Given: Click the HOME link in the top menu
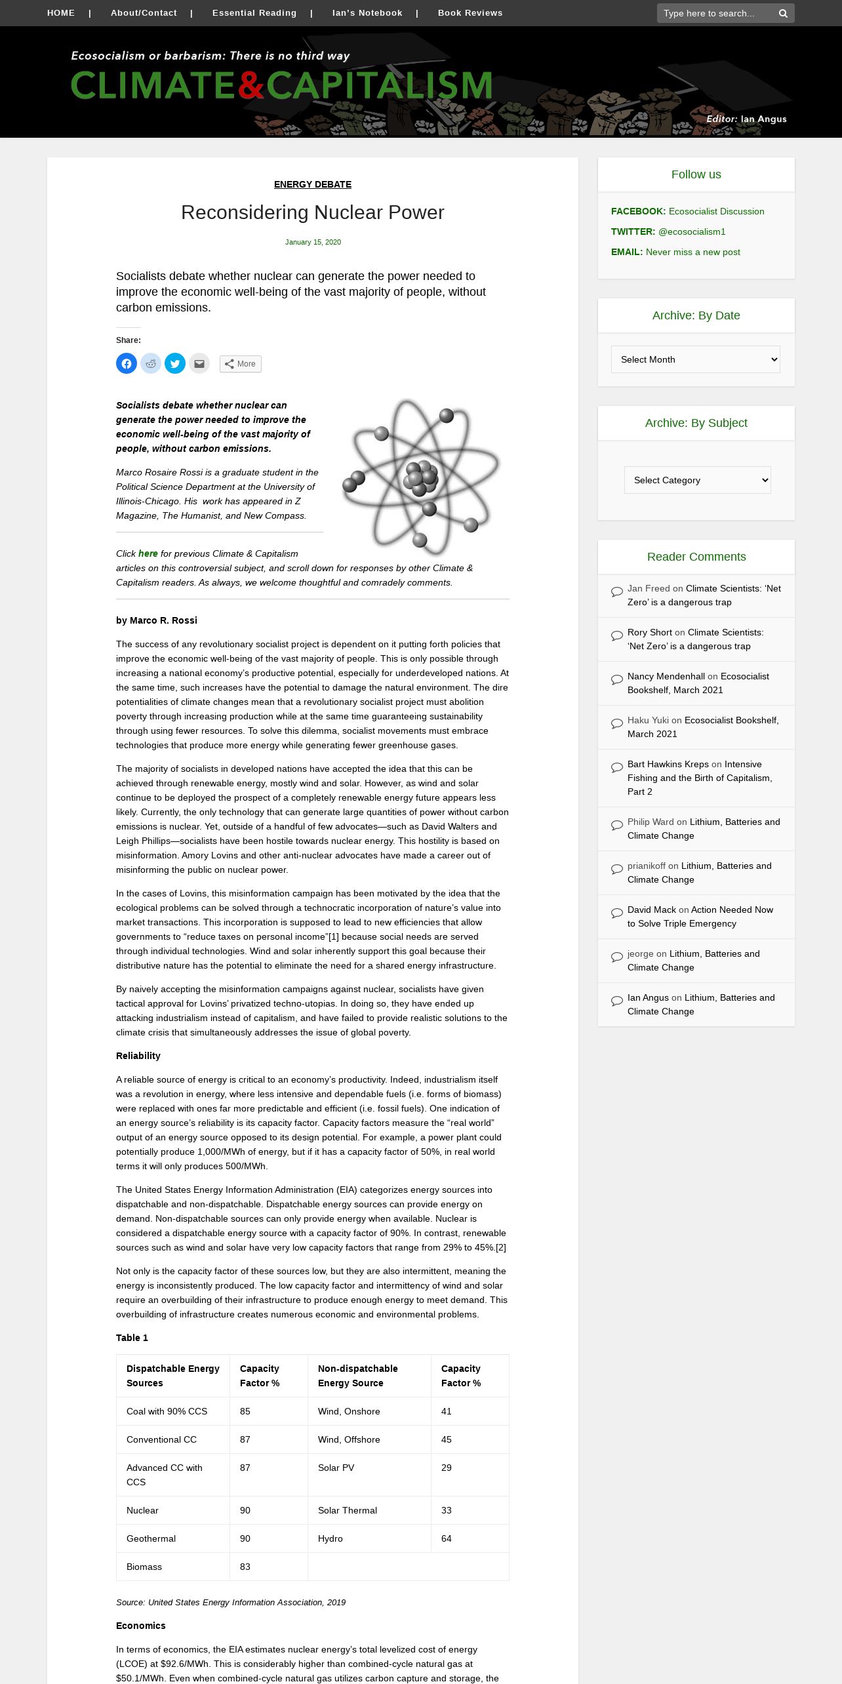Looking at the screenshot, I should (61, 13).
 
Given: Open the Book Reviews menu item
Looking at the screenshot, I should (470, 13).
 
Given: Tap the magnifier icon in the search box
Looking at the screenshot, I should (783, 14).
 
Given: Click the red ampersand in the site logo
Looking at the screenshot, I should (251, 86).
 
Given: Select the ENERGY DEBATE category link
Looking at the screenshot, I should (313, 184).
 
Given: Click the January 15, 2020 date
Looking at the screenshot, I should (313, 242).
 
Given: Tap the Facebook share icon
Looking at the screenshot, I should (127, 363).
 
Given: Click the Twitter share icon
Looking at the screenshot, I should (175, 363).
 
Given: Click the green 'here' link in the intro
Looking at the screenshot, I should (148, 553).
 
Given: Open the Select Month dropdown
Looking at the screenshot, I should (696, 359).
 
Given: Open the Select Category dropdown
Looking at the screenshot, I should (697, 480).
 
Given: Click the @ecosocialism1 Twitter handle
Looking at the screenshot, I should (692, 231).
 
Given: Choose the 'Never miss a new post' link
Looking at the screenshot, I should (692, 252).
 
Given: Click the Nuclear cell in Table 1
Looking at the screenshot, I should (142, 1510).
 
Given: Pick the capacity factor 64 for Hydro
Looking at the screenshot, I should (447, 1538).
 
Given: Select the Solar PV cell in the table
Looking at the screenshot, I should (336, 1468).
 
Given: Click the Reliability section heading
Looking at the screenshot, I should (138, 1056).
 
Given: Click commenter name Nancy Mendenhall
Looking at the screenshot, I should (666, 676).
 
